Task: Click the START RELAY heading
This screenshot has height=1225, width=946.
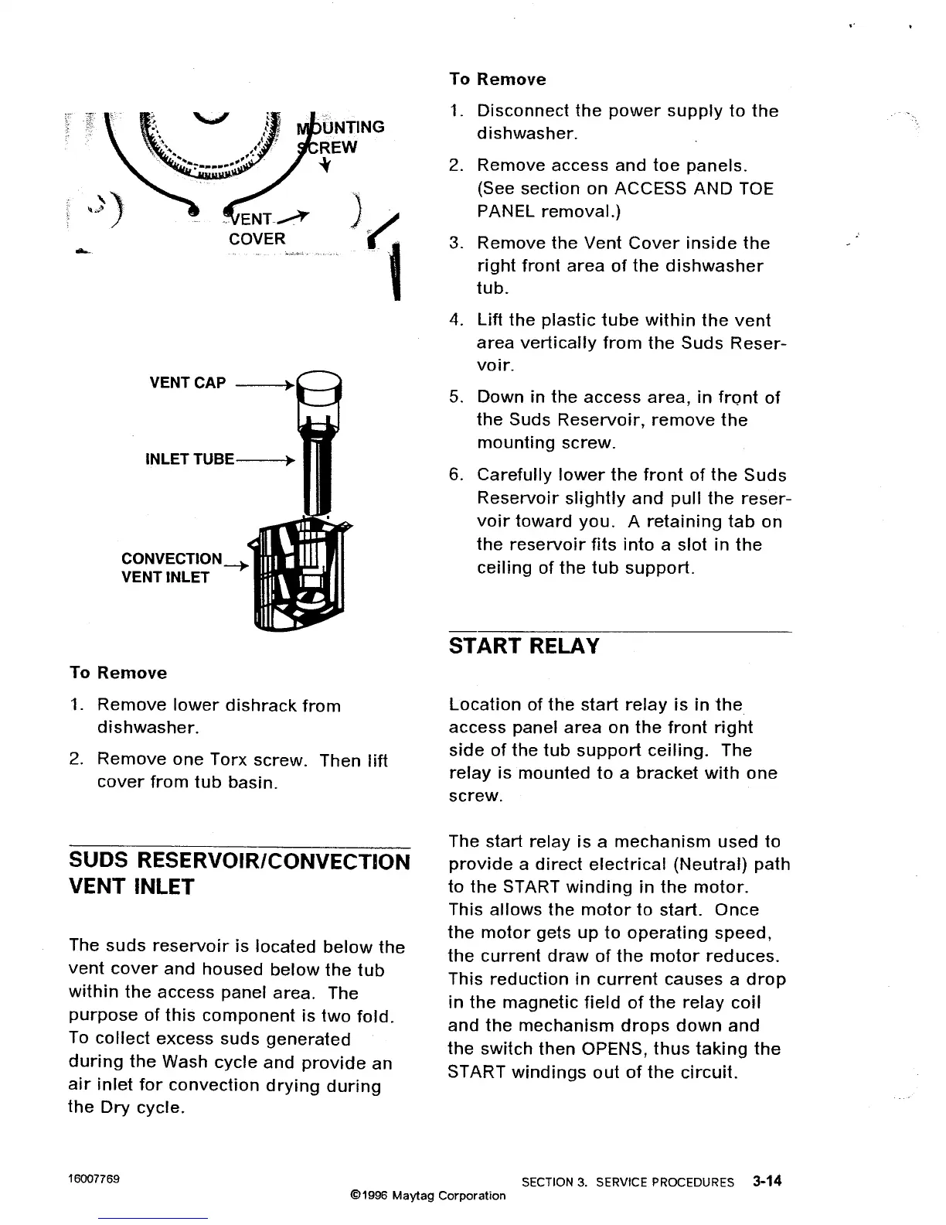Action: pos(524,647)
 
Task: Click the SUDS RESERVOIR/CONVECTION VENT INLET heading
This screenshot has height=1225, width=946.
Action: pos(239,873)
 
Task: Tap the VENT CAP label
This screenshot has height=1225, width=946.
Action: pos(188,383)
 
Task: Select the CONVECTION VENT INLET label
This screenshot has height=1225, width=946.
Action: pos(171,568)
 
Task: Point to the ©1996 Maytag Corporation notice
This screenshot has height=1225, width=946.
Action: pos(427,1196)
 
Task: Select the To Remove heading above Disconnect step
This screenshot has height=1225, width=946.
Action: pos(497,80)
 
